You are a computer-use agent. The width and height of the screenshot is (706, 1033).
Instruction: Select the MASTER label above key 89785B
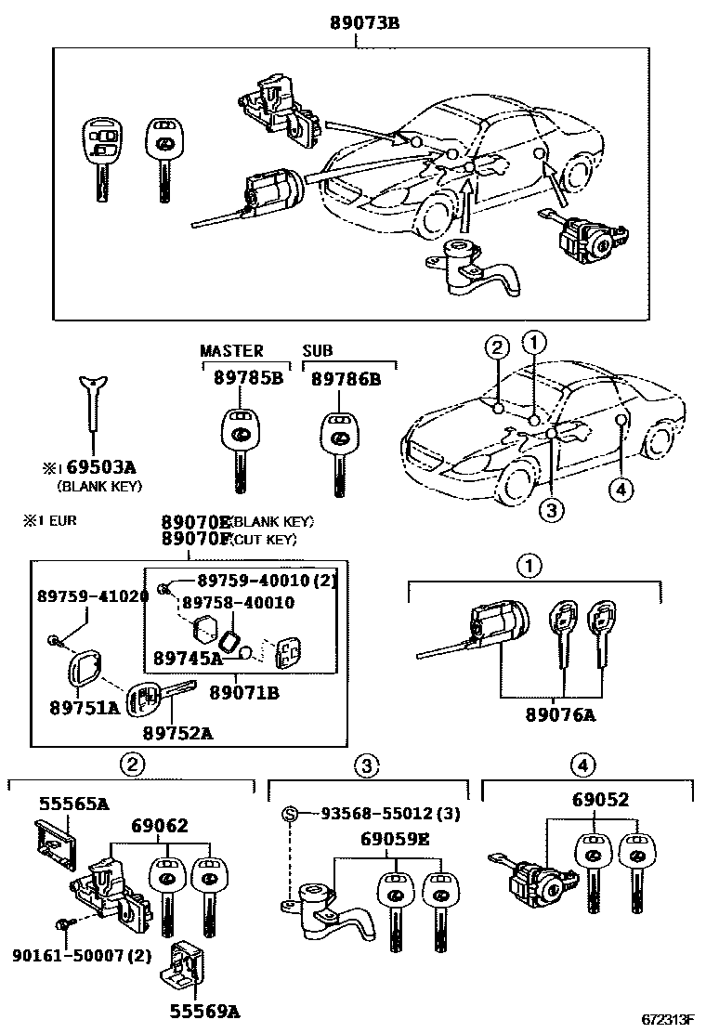231,351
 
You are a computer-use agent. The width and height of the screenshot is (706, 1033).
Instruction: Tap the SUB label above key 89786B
317,351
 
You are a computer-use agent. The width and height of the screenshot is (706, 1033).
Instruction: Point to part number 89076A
562,714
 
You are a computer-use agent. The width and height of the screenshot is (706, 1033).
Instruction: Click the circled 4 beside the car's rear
621,489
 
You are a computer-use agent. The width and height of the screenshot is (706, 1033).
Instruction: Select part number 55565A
73,804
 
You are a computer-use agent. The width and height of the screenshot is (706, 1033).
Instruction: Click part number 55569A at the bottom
203,1011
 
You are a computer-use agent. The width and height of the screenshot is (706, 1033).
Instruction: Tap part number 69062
160,825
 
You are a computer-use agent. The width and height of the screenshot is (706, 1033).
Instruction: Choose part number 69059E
396,840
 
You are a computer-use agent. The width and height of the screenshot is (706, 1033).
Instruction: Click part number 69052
600,799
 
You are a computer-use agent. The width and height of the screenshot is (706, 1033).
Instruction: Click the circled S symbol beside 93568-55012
290,815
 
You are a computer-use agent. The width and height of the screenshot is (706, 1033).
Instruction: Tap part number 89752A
182,732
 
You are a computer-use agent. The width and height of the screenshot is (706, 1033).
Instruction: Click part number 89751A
85,708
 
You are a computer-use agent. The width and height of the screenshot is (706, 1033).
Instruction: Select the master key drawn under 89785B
239,446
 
